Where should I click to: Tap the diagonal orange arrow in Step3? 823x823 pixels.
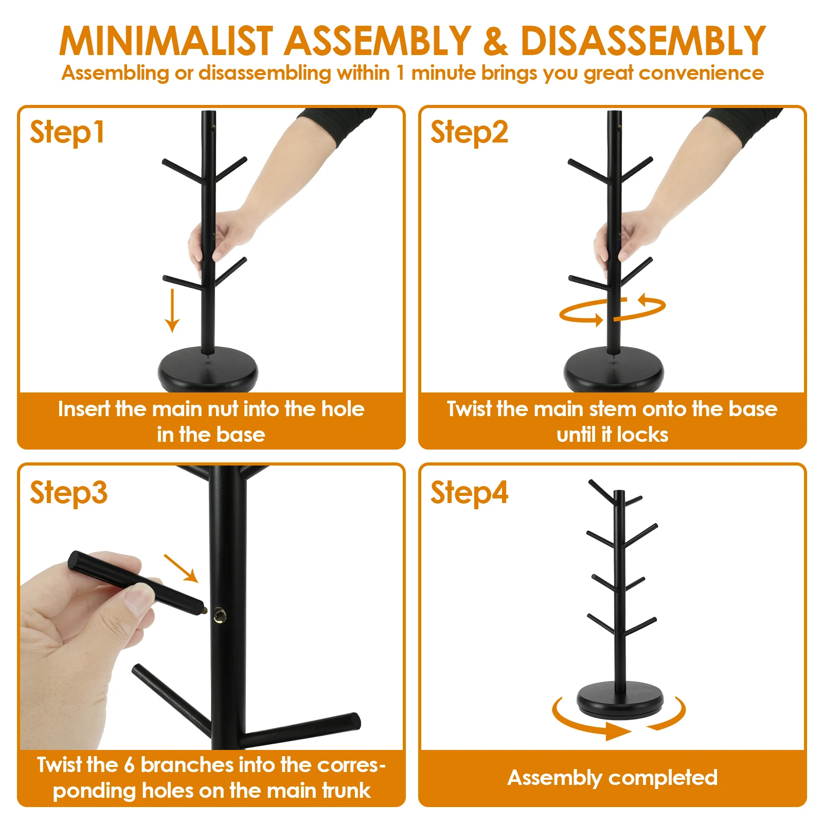click(x=181, y=568)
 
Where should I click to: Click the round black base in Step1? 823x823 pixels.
click(x=208, y=369)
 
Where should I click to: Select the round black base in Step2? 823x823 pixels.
click(x=614, y=369)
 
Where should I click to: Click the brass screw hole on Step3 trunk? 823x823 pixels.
click(x=220, y=614)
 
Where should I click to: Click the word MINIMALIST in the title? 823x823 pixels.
click(x=166, y=41)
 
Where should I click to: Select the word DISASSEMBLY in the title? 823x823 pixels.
click(x=643, y=41)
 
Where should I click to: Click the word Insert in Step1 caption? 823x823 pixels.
click(x=84, y=409)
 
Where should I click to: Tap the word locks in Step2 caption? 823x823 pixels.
click(x=642, y=435)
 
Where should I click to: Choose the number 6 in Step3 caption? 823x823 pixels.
click(x=129, y=765)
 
